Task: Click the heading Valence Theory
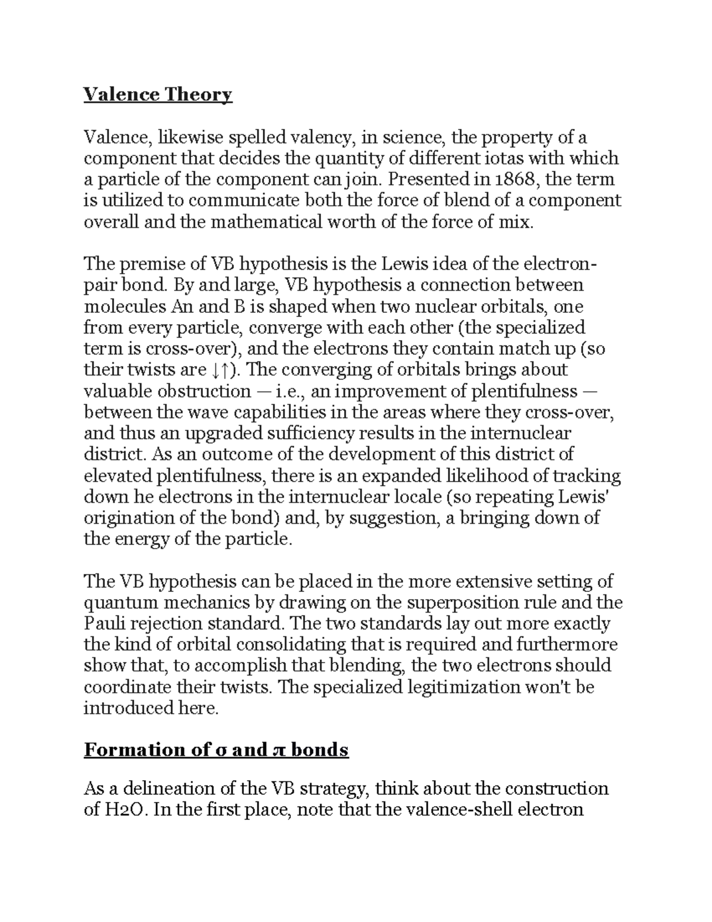point(158,94)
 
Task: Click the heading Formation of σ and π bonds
point(216,750)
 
